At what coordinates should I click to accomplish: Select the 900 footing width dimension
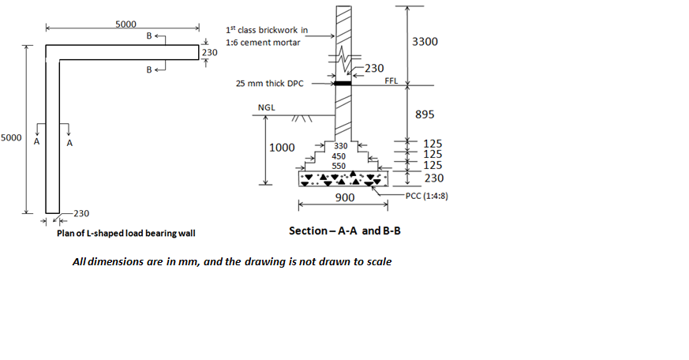(x=345, y=197)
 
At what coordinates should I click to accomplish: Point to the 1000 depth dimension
(x=283, y=148)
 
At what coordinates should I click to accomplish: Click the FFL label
(x=391, y=81)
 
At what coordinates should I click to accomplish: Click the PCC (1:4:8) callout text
(x=427, y=195)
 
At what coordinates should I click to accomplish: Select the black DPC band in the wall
(x=343, y=82)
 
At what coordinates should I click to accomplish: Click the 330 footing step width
(x=340, y=146)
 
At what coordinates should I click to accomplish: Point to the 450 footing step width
(x=339, y=156)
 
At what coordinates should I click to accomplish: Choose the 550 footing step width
(x=339, y=166)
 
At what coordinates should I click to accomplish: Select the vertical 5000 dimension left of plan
(x=11, y=137)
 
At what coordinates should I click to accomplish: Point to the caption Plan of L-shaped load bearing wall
(x=125, y=233)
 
